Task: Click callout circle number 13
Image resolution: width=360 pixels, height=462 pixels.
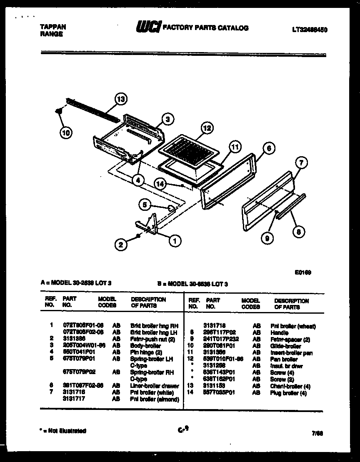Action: [x=120, y=100]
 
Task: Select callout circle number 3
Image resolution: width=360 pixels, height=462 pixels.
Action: [x=167, y=120]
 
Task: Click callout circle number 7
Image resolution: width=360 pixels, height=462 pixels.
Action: [x=300, y=163]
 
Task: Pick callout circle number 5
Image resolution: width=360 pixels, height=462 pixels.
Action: [x=144, y=205]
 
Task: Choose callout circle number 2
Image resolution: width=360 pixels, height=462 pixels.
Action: [x=120, y=245]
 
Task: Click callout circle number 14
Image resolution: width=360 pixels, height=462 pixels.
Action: [x=160, y=183]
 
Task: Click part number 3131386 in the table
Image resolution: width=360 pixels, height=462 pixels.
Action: [x=73, y=339]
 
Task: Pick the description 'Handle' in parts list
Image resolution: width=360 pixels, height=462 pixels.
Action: [x=279, y=333]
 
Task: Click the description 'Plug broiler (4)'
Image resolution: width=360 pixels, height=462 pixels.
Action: [x=288, y=393]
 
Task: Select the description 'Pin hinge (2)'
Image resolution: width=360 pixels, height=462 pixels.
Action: [x=146, y=352]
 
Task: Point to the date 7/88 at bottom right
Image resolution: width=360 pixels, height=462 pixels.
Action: [x=317, y=433]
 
